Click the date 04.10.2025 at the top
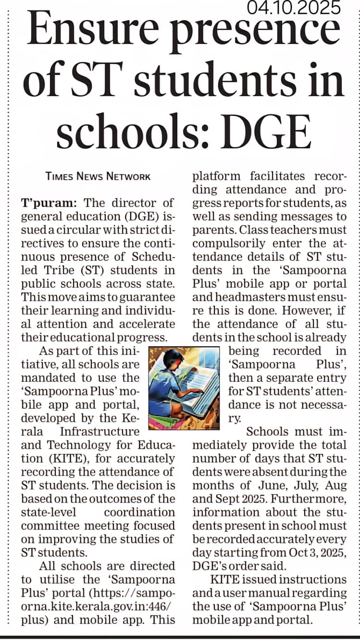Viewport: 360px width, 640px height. [x=294, y=8]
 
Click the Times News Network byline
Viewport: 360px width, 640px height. [x=98, y=176]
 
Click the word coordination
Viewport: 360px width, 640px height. [x=139, y=513]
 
